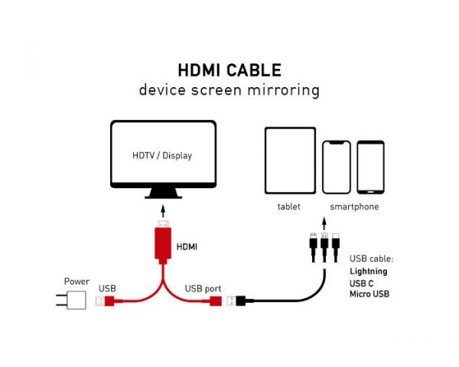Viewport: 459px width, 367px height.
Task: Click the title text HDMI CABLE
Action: (229, 70)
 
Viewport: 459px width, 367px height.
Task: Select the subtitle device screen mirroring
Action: (229, 89)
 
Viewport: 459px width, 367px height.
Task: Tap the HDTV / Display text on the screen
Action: (162, 156)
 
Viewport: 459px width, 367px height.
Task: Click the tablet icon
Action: (290, 161)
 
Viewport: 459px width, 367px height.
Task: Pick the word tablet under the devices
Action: (289, 206)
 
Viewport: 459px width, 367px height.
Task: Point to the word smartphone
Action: (354, 206)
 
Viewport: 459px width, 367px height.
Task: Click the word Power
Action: (77, 281)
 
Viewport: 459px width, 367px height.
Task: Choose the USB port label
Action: (203, 288)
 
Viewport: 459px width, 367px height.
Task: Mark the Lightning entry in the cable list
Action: (369, 271)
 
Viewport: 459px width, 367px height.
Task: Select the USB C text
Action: (362, 283)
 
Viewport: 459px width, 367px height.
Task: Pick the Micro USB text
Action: (369, 294)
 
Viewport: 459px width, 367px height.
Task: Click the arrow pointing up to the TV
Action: (162, 209)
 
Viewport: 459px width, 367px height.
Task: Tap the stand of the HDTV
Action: (162, 193)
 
